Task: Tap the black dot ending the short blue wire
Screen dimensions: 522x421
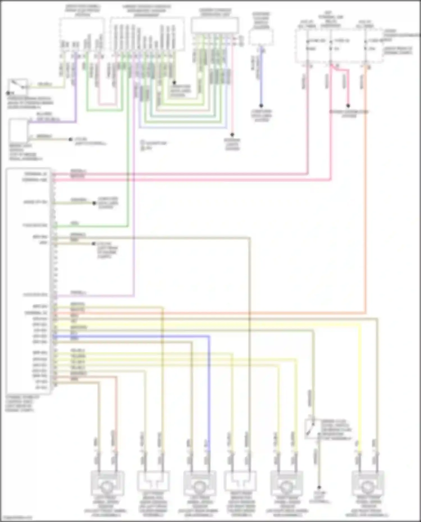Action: (261, 106)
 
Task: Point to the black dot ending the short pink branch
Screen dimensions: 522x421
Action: (348, 106)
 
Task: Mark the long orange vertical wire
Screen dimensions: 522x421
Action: (366, 196)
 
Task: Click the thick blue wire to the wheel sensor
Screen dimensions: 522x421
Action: (209, 393)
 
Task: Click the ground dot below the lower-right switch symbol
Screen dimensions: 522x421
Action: (319, 487)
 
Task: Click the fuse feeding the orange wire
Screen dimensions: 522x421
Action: (366, 45)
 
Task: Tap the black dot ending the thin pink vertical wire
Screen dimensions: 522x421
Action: (232, 135)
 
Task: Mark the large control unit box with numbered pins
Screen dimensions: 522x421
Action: (28, 280)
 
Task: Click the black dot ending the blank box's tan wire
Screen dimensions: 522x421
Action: (70, 139)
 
